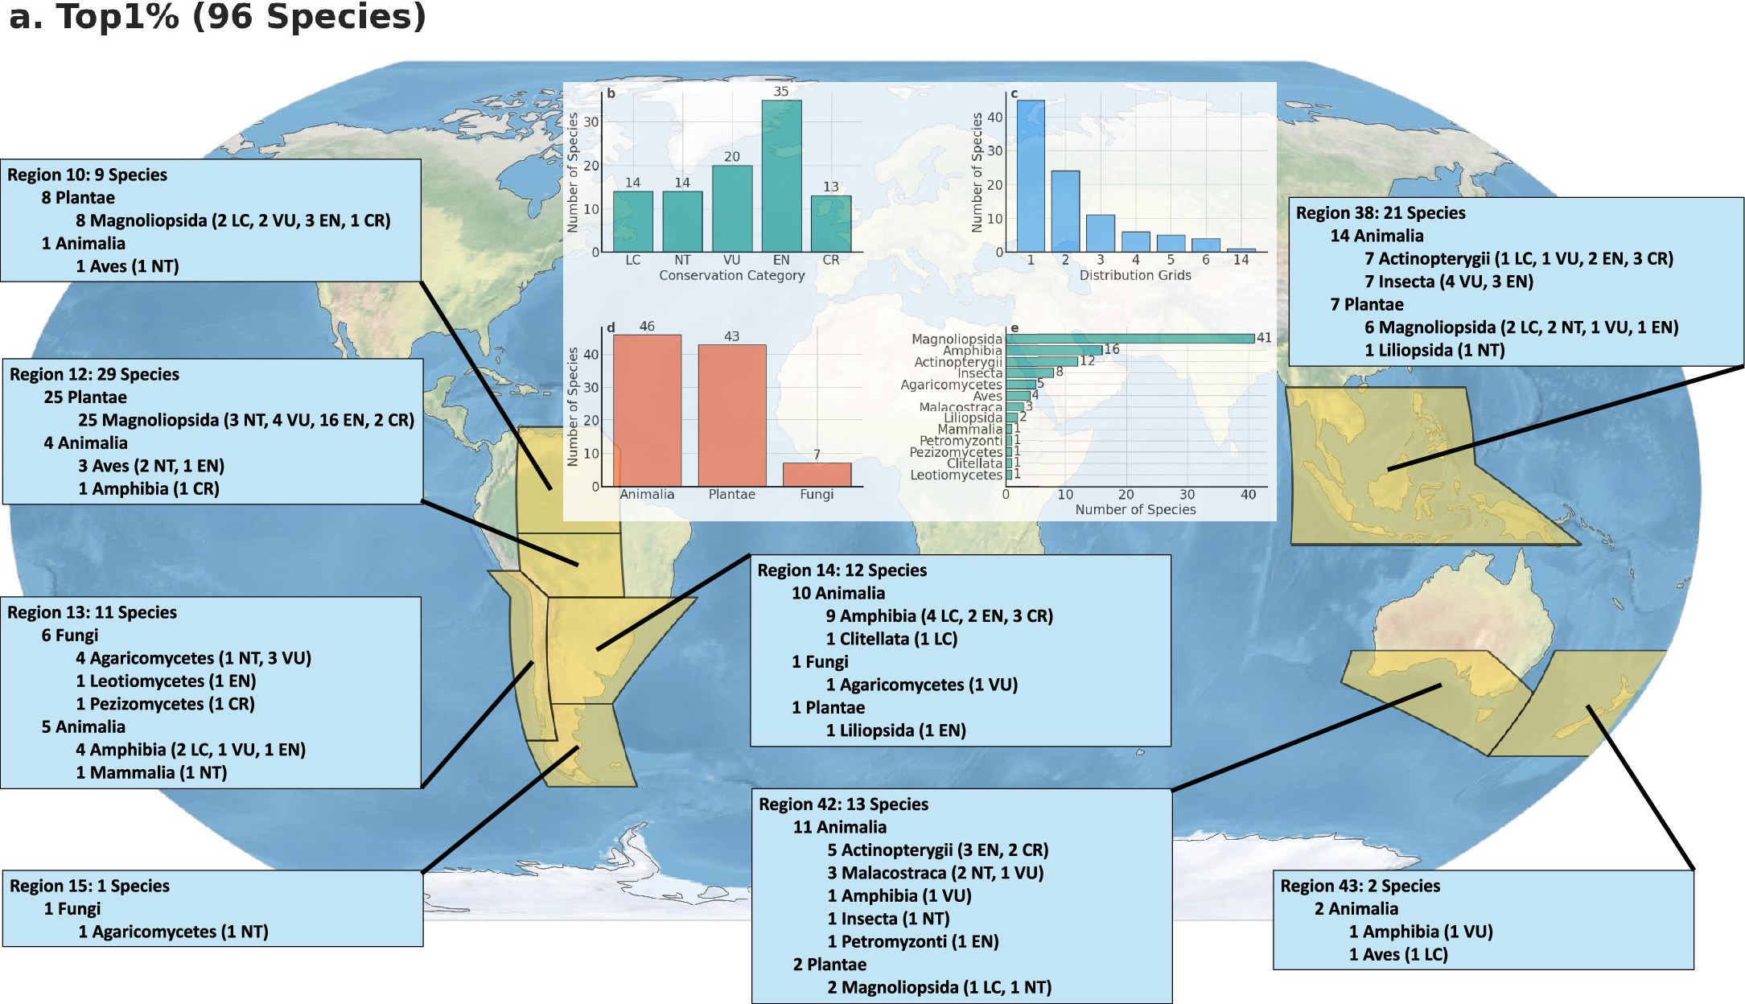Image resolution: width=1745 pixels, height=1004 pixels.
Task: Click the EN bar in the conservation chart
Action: (x=781, y=177)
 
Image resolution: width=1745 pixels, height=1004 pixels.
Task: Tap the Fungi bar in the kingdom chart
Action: (x=817, y=475)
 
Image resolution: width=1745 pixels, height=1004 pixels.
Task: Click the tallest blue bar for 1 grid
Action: (x=1031, y=176)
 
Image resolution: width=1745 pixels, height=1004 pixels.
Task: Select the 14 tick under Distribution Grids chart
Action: (x=1241, y=260)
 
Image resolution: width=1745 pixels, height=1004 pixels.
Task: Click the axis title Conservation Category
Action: (x=731, y=275)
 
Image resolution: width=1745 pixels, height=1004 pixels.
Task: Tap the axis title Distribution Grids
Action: (x=1134, y=275)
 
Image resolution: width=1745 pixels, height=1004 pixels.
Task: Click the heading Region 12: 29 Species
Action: (x=94, y=374)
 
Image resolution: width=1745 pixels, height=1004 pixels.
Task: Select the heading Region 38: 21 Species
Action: (x=1380, y=213)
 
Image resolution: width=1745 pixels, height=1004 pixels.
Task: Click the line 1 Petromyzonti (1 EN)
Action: (x=912, y=941)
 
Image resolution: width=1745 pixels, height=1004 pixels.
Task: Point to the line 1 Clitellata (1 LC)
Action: (x=891, y=639)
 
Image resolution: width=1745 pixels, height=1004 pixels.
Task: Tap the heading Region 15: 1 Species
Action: (x=89, y=886)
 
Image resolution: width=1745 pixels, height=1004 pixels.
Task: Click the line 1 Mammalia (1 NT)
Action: (x=151, y=772)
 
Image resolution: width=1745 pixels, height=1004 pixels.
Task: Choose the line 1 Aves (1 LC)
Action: (x=1397, y=954)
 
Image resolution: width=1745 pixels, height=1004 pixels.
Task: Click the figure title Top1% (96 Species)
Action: (x=217, y=18)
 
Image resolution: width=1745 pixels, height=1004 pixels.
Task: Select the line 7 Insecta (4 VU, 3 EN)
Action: (x=1448, y=282)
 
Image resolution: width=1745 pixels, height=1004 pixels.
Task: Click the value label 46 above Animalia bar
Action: (x=647, y=327)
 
